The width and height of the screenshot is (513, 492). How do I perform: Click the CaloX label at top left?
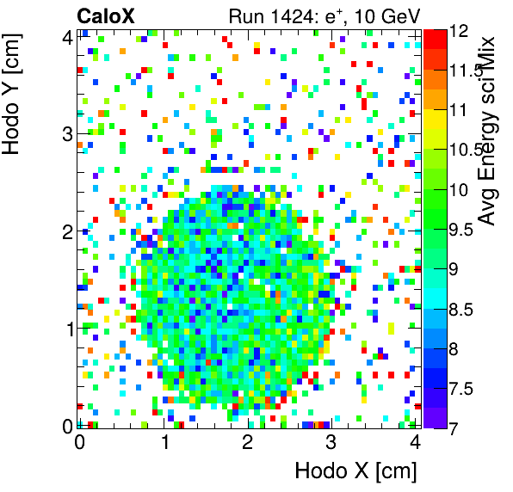(105, 15)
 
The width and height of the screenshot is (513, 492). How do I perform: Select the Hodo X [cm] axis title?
(355, 471)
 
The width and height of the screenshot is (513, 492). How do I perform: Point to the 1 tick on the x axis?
(163, 442)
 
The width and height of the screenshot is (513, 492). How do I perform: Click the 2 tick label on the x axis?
(247, 442)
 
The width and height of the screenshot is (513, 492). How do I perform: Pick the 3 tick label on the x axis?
(331, 442)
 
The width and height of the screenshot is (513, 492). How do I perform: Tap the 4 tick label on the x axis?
(415, 442)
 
